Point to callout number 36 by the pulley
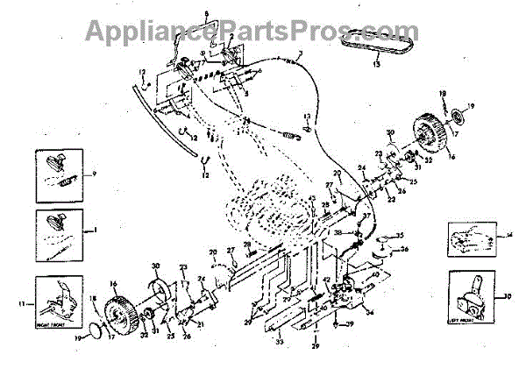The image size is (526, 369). [404, 248]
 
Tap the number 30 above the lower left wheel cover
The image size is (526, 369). [155, 266]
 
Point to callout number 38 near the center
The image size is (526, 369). [337, 232]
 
